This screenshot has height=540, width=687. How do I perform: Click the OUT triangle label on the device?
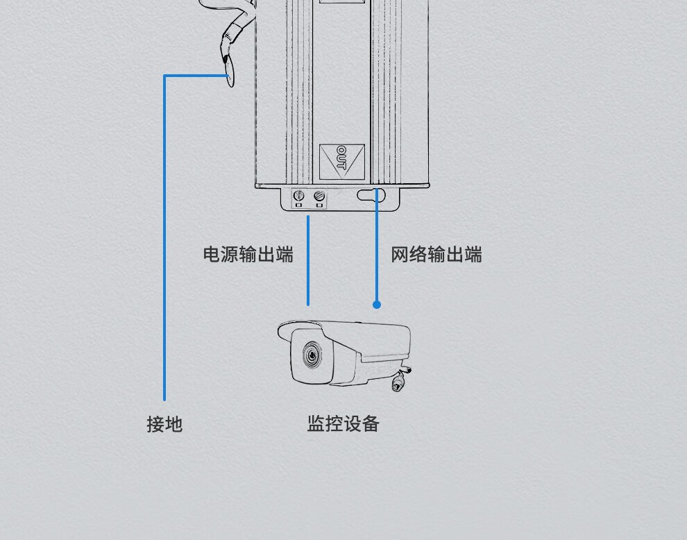pyautogui.click(x=341, y=158)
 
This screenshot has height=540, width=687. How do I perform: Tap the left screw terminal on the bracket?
pyautogui.click(x=300, y=196)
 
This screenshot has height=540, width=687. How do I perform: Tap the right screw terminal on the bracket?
pyautogui.click(x=319, y=196)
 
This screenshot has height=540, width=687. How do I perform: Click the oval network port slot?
pyautogui.click(x=371, y=194)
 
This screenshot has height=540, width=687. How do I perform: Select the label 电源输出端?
pyautogui.click(x=248, y=255)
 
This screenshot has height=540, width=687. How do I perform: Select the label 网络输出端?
pyautogui.click(x=436, y=255)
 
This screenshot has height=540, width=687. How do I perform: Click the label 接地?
pyautogui.click(x=164, y=423)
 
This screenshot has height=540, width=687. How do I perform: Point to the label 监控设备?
pyautogui.click(x=343, y=423)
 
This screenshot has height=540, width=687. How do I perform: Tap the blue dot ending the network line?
pyautogui.click(x=377, y=304)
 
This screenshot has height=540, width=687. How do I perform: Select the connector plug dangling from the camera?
pyautogui.click(x=398, y=382)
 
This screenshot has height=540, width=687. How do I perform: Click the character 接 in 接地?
pyautogui.click(x=155, y=423)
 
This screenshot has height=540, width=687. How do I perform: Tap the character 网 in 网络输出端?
pyautogui.click(x=400, y=255)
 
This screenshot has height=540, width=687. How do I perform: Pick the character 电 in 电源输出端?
pyautogui.click(x=212, y=255)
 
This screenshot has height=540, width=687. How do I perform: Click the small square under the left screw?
pyautogui.click(x=299, y=206)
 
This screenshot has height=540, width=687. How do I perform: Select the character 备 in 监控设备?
pyautogui.click(x=370, y=423)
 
